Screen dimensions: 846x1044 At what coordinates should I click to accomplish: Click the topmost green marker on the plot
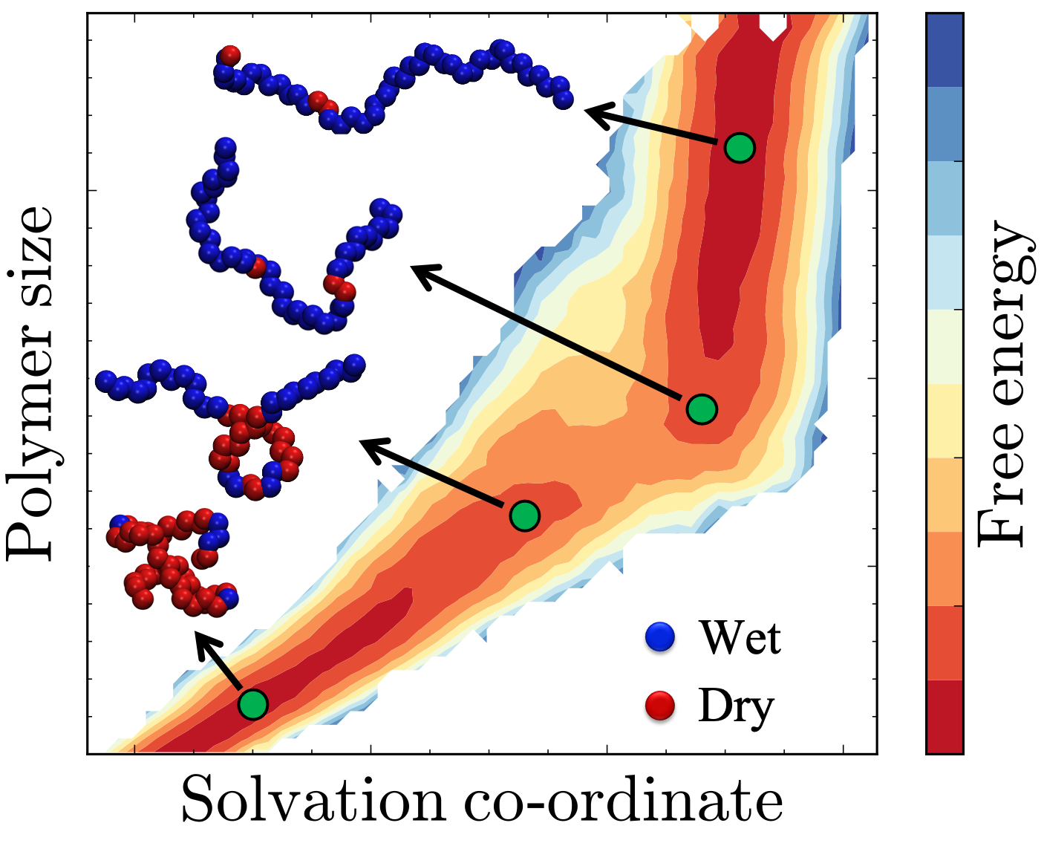click(x=740, y=148)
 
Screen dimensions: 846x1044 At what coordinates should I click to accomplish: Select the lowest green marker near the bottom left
click(x=253, y=703)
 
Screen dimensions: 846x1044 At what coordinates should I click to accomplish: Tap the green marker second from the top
click(x=702, y=409)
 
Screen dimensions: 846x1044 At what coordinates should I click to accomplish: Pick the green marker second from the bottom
click(x=525, y=515)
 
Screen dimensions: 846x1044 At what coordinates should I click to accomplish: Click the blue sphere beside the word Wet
click(x=660, y=637)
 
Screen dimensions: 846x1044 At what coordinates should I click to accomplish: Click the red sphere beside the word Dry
click(x=660, y=706)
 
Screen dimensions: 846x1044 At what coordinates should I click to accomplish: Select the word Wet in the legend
click(x=740, y=637)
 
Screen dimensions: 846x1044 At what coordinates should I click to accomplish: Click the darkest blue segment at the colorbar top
click(x=945, y=51)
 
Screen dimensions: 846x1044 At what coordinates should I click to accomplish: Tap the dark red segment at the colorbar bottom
click(x=945, y=716)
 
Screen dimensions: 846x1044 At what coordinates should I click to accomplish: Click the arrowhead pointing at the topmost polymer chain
click(x=594, y=114)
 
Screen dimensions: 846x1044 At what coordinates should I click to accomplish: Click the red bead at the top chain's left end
click(x=230, y=54)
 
